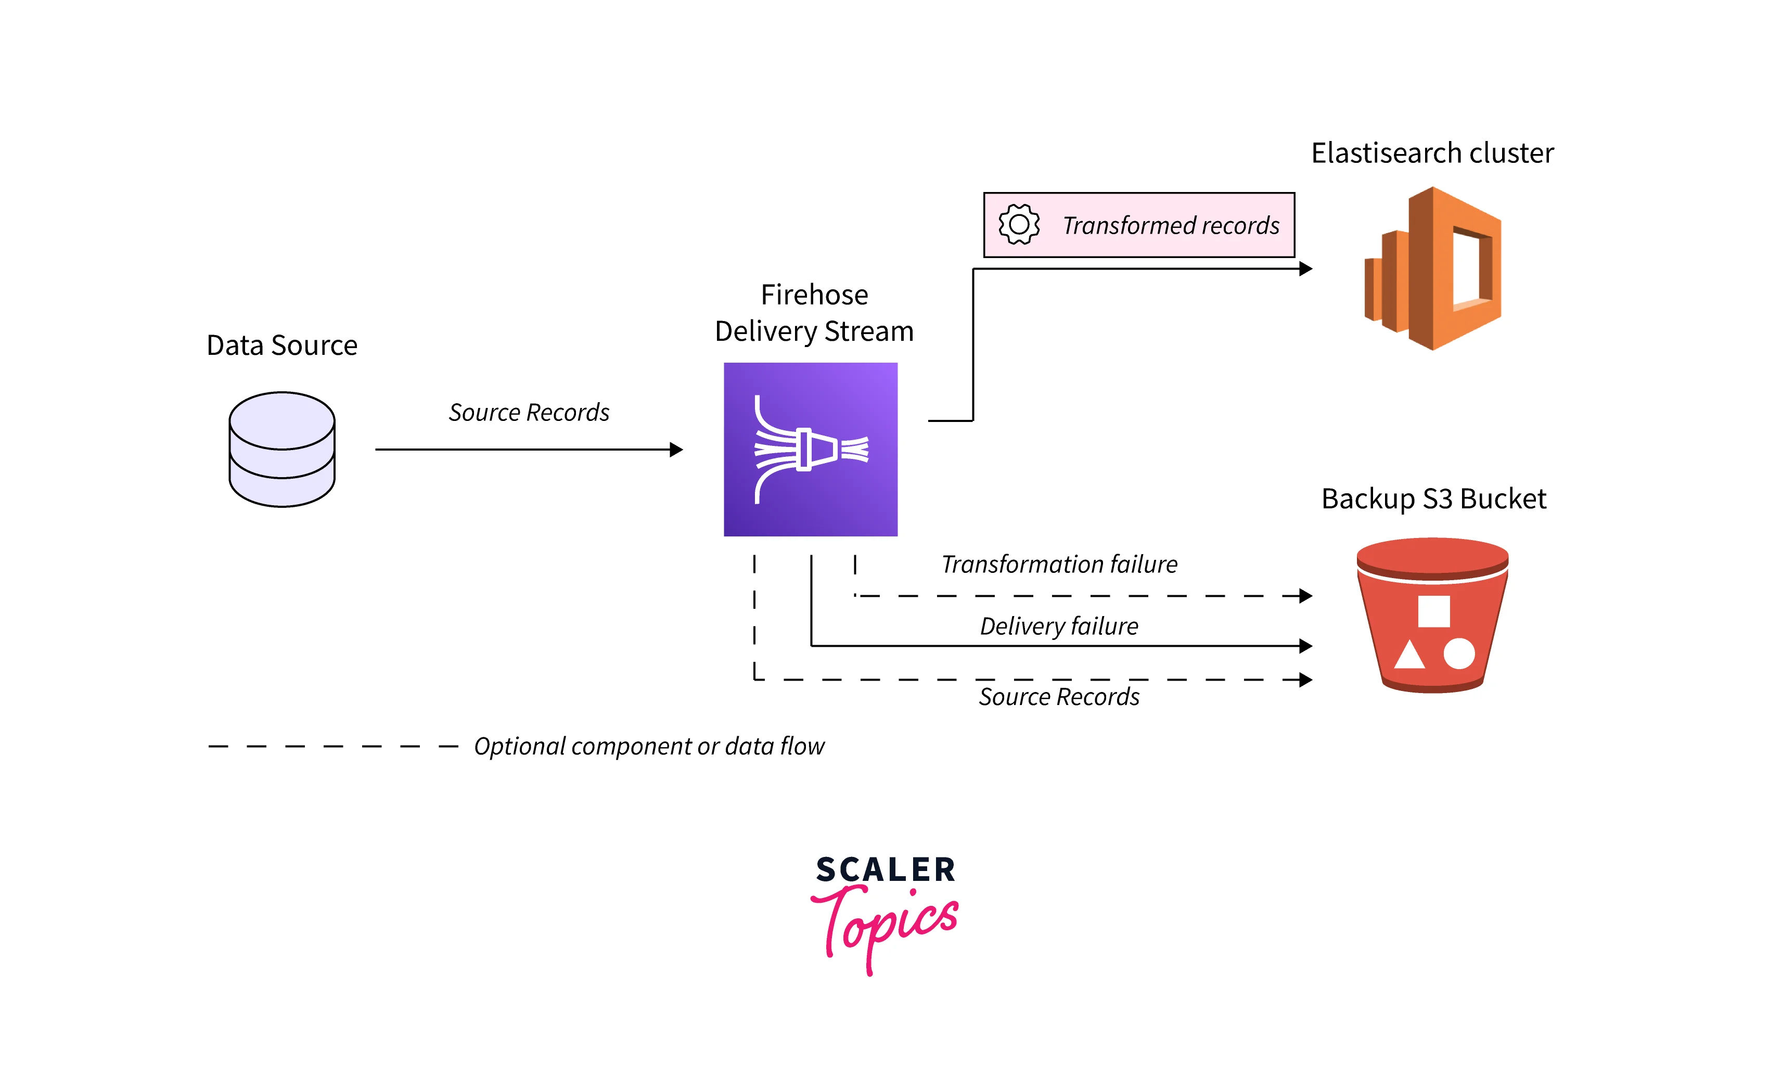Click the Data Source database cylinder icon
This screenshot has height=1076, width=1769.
click(281, 450)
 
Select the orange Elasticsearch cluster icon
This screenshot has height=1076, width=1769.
click(1433, 268)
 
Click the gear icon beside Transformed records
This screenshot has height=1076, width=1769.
click(1019, 225)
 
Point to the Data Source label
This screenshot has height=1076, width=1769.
click(281, 345)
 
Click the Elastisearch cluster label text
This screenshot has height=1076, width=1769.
click(1432, 153)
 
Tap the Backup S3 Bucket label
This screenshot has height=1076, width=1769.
click(1434, 499)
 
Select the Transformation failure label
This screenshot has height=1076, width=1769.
click(1059, 564)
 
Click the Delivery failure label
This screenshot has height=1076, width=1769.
click(1059, 626)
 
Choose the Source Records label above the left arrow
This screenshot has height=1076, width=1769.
click(529, 412)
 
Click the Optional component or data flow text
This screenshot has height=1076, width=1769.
click(649, 747)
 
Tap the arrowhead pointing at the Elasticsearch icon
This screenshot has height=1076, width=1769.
click(1306, 268)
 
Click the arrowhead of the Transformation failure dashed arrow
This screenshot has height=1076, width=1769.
click(1306, 596)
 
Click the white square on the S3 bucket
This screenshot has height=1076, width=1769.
click(1434, 611)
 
